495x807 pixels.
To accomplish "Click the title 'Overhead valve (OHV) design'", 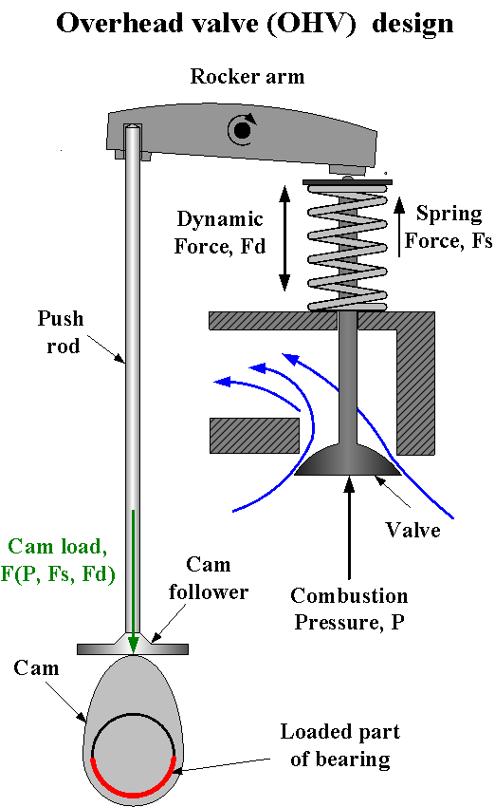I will [x=254, y=24].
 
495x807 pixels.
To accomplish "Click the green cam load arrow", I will [x=134, y=579].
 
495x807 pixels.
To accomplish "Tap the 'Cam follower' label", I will [x=209, y=579].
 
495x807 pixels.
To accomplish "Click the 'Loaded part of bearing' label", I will [x=339, y=745].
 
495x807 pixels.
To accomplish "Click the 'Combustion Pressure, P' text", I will [x=349, y=609].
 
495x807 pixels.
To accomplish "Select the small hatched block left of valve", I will [x=253, y=436].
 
